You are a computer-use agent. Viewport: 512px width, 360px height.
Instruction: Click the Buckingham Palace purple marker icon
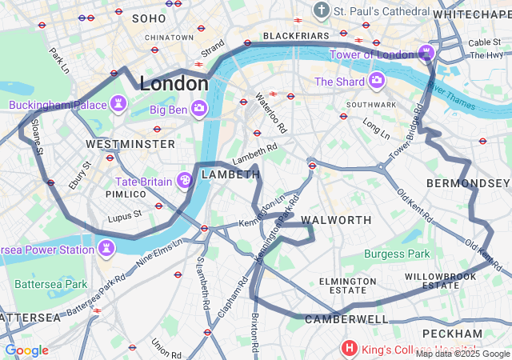click(119, 105)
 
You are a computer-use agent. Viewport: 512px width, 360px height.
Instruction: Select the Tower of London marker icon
click(427, 54)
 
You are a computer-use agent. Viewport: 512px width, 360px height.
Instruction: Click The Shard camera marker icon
click(376, 81)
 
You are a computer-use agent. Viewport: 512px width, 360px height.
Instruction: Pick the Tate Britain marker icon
click(185, 182)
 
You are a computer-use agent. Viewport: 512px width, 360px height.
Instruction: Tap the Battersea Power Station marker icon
click(106, 250)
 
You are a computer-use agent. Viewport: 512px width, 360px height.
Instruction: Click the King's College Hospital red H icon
click(349, 348)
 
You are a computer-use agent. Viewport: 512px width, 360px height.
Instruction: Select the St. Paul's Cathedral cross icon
click(322, 11)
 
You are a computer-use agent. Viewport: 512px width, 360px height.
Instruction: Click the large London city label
click(174, 83)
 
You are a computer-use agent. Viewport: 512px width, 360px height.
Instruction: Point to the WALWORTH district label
click(337, 220)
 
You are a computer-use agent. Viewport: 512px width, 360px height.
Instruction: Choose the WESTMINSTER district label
click(130, 144)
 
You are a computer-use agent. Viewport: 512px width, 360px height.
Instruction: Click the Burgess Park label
click(397, 254)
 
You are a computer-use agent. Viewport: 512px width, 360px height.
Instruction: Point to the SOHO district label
click(148, 18)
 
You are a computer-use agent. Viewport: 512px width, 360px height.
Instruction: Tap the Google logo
click(26, 350)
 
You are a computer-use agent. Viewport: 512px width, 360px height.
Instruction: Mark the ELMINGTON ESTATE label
click(348, 286)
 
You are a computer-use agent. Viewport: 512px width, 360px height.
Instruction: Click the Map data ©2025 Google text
click(462, 354)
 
